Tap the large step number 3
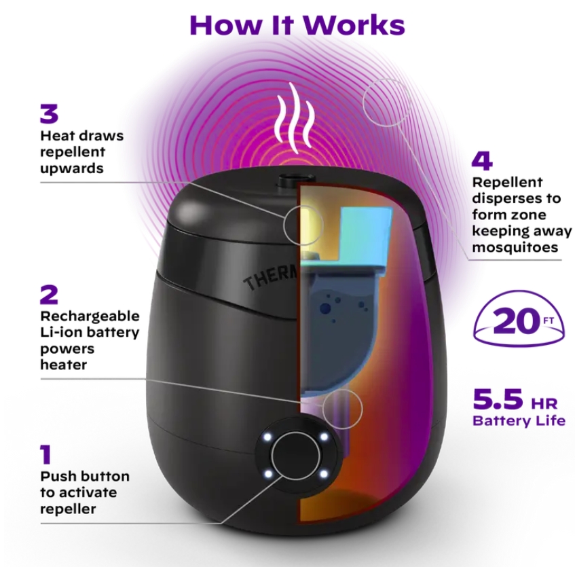point(50,114)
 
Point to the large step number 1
point(46,454)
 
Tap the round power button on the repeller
point(296,454)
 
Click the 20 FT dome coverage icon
point(519,321)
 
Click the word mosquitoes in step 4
point(515,247)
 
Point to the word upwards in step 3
point(71,168)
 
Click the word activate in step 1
point(78,492)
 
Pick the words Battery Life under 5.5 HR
point(519,420)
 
